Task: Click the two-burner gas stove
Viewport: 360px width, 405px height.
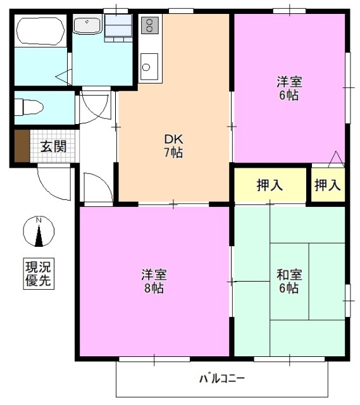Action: [x=150, y=25]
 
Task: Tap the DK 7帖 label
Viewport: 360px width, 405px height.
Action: [x=173, y=146]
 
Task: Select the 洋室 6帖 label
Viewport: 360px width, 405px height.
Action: [x=288, y=89]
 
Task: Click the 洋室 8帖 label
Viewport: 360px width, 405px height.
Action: [x=153, y=282]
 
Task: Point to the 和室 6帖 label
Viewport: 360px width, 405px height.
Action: [x=289, y=282]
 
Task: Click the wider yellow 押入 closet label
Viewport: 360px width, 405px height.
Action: [x=270, y=185]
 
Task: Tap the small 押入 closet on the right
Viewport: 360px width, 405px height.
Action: [x=328, y=185]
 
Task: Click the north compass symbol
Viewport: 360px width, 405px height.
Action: [x=39, y=233]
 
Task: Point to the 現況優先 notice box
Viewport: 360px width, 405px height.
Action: [x=39, y=274]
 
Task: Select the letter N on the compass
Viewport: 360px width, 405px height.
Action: [x=39, y=220]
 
